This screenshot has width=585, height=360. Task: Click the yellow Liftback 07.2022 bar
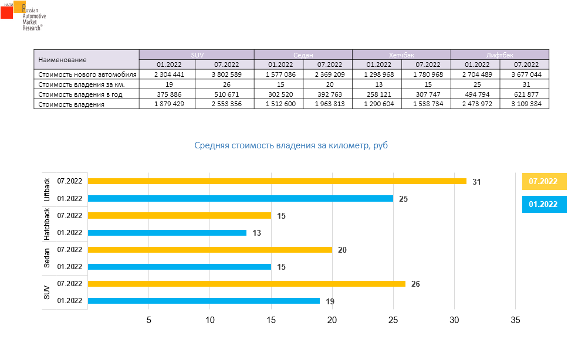(x=277, y=181)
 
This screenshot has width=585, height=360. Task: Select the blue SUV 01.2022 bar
(x=204, y=301)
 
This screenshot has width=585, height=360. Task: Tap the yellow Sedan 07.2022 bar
(x=209, y=250)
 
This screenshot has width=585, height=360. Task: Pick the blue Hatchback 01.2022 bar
(x=167, y=233)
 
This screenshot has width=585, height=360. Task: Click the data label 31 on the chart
(x=476, y=182)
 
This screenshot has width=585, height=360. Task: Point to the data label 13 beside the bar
(x=256, y=233)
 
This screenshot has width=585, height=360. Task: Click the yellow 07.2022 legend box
(x=543, y=182)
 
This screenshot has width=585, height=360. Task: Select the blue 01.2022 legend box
(x=543, y=204)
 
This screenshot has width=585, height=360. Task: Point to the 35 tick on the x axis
(x=515, y=320)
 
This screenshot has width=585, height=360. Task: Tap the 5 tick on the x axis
(x=148, y=320)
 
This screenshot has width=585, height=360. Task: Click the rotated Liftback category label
(x=48, y=190)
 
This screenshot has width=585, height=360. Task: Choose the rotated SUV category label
(x=48, y=292)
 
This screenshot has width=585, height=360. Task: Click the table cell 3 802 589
(x=226, y=74)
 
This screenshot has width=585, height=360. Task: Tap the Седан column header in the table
(x=303, y=55)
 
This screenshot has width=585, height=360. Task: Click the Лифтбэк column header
(x=499, y=55)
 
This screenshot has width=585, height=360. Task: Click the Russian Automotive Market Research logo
(x=23, y=16)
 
